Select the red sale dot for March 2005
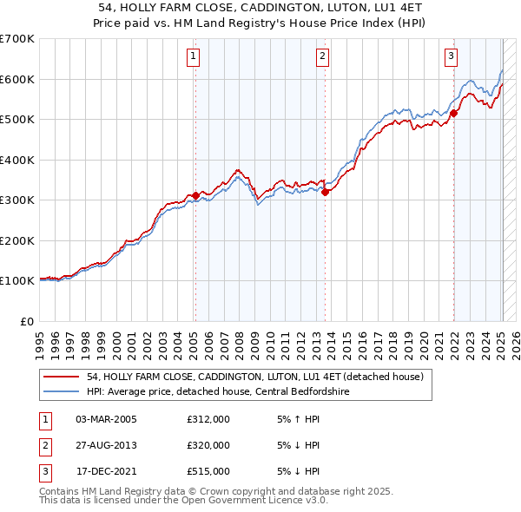195,195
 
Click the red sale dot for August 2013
326,193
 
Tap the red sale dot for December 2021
453,113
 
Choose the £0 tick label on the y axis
27,321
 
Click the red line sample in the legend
61,377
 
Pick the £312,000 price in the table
208,419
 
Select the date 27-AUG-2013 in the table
106,445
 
